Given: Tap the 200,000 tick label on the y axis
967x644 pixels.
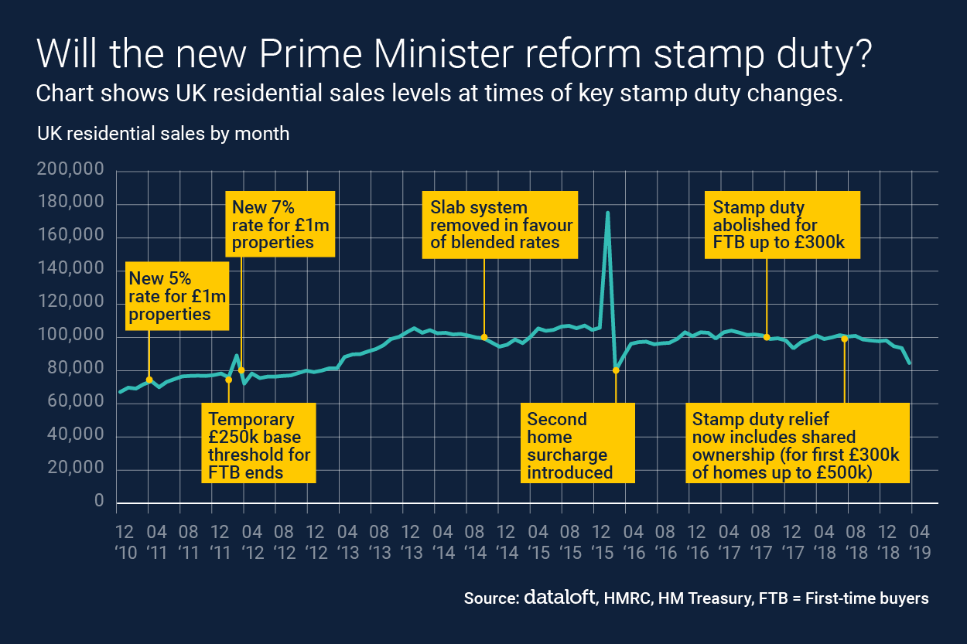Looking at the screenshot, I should [x=70, y=170].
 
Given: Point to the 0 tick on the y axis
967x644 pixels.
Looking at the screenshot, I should [x=98, y=502].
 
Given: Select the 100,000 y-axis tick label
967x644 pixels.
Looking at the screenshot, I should [x=70, y=336].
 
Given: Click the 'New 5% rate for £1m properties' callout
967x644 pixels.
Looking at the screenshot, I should [x=177, y=296].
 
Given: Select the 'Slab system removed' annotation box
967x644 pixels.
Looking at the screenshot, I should [x=501, y=226].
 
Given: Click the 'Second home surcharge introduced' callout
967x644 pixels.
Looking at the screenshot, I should [x=578, y=445].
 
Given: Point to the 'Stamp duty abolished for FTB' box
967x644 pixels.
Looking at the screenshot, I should [x=782, y=226].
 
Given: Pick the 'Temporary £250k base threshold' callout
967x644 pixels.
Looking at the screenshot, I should [x=258, y=445].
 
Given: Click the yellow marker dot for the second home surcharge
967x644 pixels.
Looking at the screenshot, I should [x=616, y=370].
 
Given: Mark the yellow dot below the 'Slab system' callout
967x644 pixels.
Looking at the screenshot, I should [x=484, y=337].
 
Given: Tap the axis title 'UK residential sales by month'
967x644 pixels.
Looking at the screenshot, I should [x=163, y=133].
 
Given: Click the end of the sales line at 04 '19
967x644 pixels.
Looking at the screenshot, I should [x=910, y=363].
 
